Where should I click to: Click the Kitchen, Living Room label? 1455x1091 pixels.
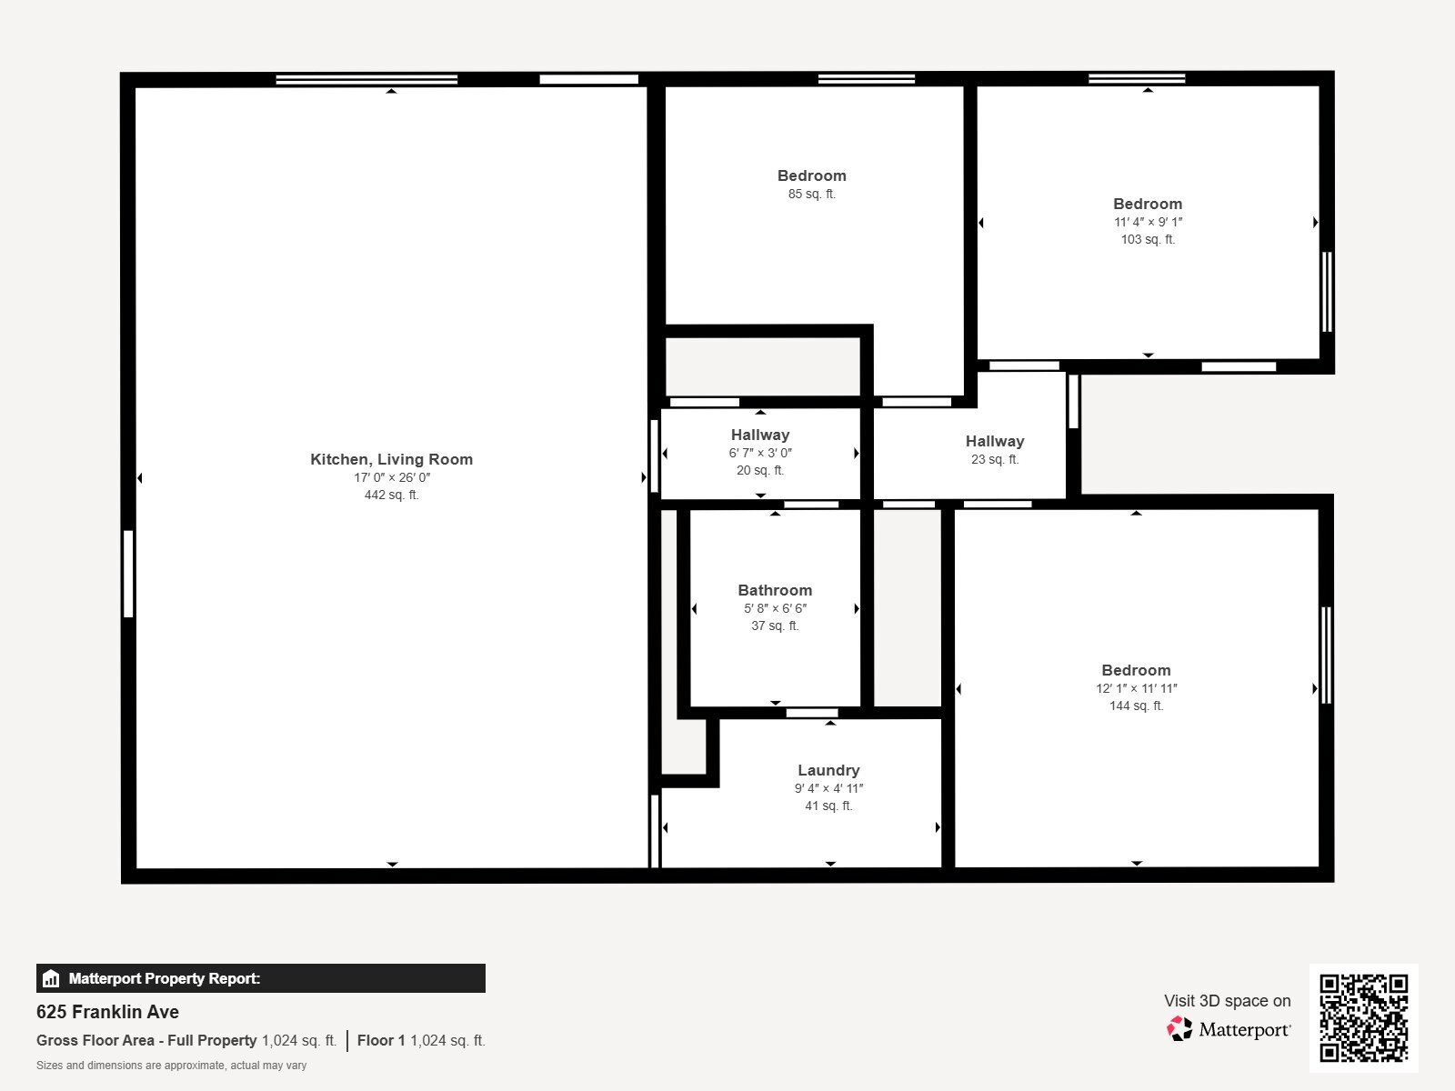[x=391, y=459]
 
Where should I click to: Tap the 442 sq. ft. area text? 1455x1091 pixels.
[x=391, y=495]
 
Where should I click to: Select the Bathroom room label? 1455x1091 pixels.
[x=775, y=590]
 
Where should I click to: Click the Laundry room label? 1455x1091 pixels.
[x=828, y=770]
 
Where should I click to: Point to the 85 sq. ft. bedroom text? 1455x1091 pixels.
[x=811, y=194]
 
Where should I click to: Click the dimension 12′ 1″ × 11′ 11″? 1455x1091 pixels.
[x=1136, y=688]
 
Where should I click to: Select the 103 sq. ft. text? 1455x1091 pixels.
[x=1148, y=239]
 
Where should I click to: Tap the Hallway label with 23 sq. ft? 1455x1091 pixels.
[x=995, y=441]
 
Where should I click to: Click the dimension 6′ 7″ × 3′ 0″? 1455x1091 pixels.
[x=760, y=453]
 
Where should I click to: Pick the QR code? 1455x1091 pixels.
[x=1363, y=1017]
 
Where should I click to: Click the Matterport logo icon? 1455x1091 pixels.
[x=1179, y=1029]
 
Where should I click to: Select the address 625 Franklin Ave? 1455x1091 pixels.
[x=107, y=1012]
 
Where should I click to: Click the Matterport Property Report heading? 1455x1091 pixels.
[x=165, y=978]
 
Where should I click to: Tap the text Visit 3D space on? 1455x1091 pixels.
[x=1227, y=1000]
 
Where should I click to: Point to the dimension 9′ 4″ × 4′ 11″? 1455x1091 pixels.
[x=828, y=788]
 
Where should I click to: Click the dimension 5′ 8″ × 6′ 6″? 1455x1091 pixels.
[x=775, y=608]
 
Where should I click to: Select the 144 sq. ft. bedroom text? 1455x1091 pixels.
[x=1136, y=706]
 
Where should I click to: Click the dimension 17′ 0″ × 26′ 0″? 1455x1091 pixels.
[x=391, y=477]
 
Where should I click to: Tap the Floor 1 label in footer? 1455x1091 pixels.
[x=381, y=1040]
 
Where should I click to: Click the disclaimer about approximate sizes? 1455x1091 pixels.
[x=171, y=1066]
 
